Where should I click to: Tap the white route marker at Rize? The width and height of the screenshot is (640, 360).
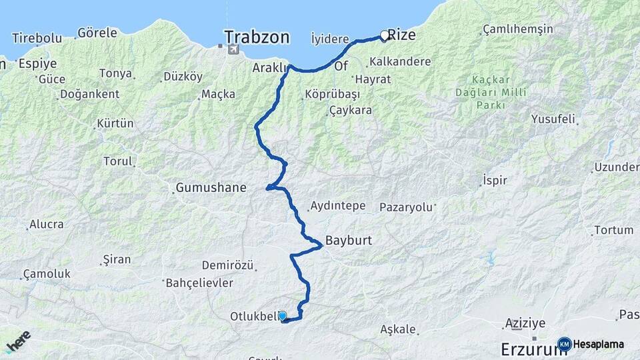click(x=385, y=35)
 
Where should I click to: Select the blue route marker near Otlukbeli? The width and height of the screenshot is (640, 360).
click(x=282, y=315)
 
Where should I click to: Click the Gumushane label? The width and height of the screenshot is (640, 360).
click(x=211, y=188)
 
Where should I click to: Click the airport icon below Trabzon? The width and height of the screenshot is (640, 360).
click(x=232, y=50)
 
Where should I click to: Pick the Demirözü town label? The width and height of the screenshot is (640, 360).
click(x=227, y=266)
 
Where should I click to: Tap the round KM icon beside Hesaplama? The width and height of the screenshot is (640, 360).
click(x=565, y=344)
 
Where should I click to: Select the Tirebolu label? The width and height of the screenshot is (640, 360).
click(x=37, y=38)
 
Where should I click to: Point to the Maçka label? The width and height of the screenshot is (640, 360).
click(x=218, y=94)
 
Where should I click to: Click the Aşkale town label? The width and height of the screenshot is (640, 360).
click(x=398, y=329)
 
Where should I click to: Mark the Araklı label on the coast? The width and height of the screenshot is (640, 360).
click(x=269, y=68)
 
